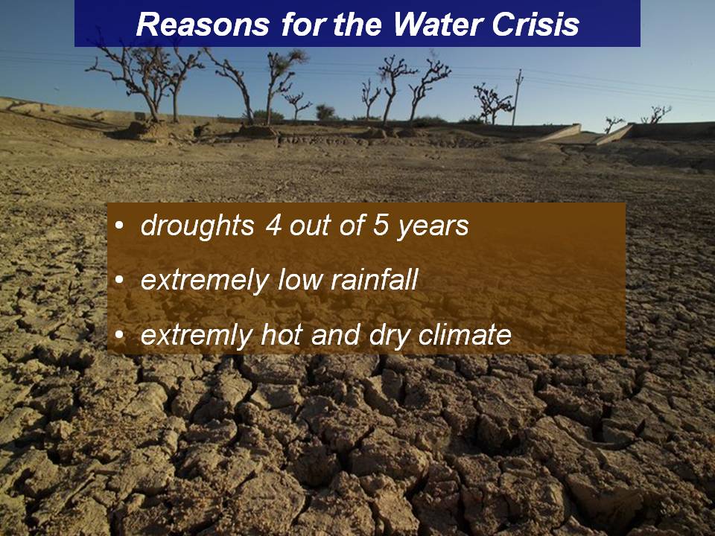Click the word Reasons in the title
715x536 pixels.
pos(203,24)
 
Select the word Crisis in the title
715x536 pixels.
pos(536,24)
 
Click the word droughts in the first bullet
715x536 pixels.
pos(197,226)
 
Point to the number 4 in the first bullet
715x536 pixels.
pos(273,225)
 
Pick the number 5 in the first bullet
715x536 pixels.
pos(380,225)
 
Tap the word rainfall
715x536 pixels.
pos(374,279)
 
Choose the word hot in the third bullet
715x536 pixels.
pos(281,334)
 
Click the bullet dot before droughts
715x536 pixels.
pos(119,226)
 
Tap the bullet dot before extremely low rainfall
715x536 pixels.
pos(119,281)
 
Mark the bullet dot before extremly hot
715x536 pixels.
pos(119,335)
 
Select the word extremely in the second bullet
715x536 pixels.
pos(204,281)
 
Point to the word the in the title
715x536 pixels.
pos(358,24)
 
